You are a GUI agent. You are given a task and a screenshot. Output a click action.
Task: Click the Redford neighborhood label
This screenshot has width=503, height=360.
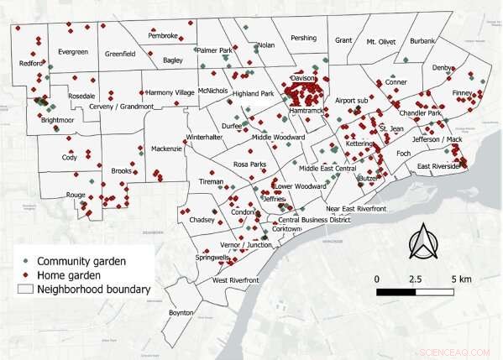pos(32,62)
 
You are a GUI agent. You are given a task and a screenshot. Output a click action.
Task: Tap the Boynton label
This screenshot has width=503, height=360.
pos(181,312)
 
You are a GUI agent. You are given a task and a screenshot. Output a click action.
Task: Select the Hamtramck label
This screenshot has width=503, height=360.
pos(305,111)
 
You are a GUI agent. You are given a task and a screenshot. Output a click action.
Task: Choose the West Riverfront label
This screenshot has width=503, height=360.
pos(235,279)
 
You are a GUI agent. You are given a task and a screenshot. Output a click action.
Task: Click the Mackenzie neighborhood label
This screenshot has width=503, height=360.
pos(166,149)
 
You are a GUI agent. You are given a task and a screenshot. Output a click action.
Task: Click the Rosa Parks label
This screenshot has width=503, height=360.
pos(249,164)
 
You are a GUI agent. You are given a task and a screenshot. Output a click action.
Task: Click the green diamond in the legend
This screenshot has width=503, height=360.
pos(27,260)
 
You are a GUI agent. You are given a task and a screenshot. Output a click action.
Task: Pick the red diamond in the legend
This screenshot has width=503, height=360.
pos(27,275)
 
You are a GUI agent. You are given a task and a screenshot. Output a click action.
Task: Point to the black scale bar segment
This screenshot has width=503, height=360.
pos(395,293)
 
